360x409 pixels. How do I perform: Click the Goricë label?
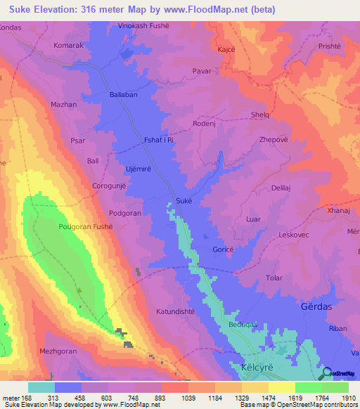[223, 249]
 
